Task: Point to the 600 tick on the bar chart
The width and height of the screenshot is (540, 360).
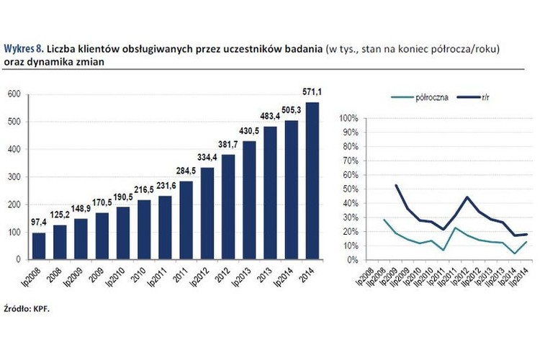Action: pos(13,94)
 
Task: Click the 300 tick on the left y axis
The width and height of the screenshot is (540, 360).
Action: pos(13,176)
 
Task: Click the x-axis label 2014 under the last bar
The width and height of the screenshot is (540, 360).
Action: pos(310,275)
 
